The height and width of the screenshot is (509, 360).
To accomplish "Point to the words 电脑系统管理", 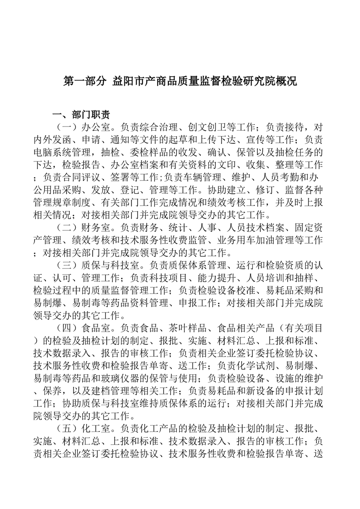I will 57,151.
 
